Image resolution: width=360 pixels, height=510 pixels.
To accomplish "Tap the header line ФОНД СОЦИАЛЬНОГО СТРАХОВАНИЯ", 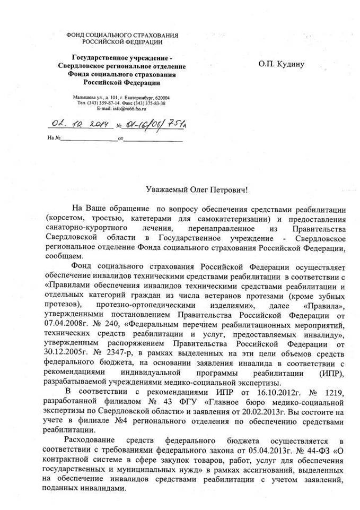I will click(122, 35).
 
